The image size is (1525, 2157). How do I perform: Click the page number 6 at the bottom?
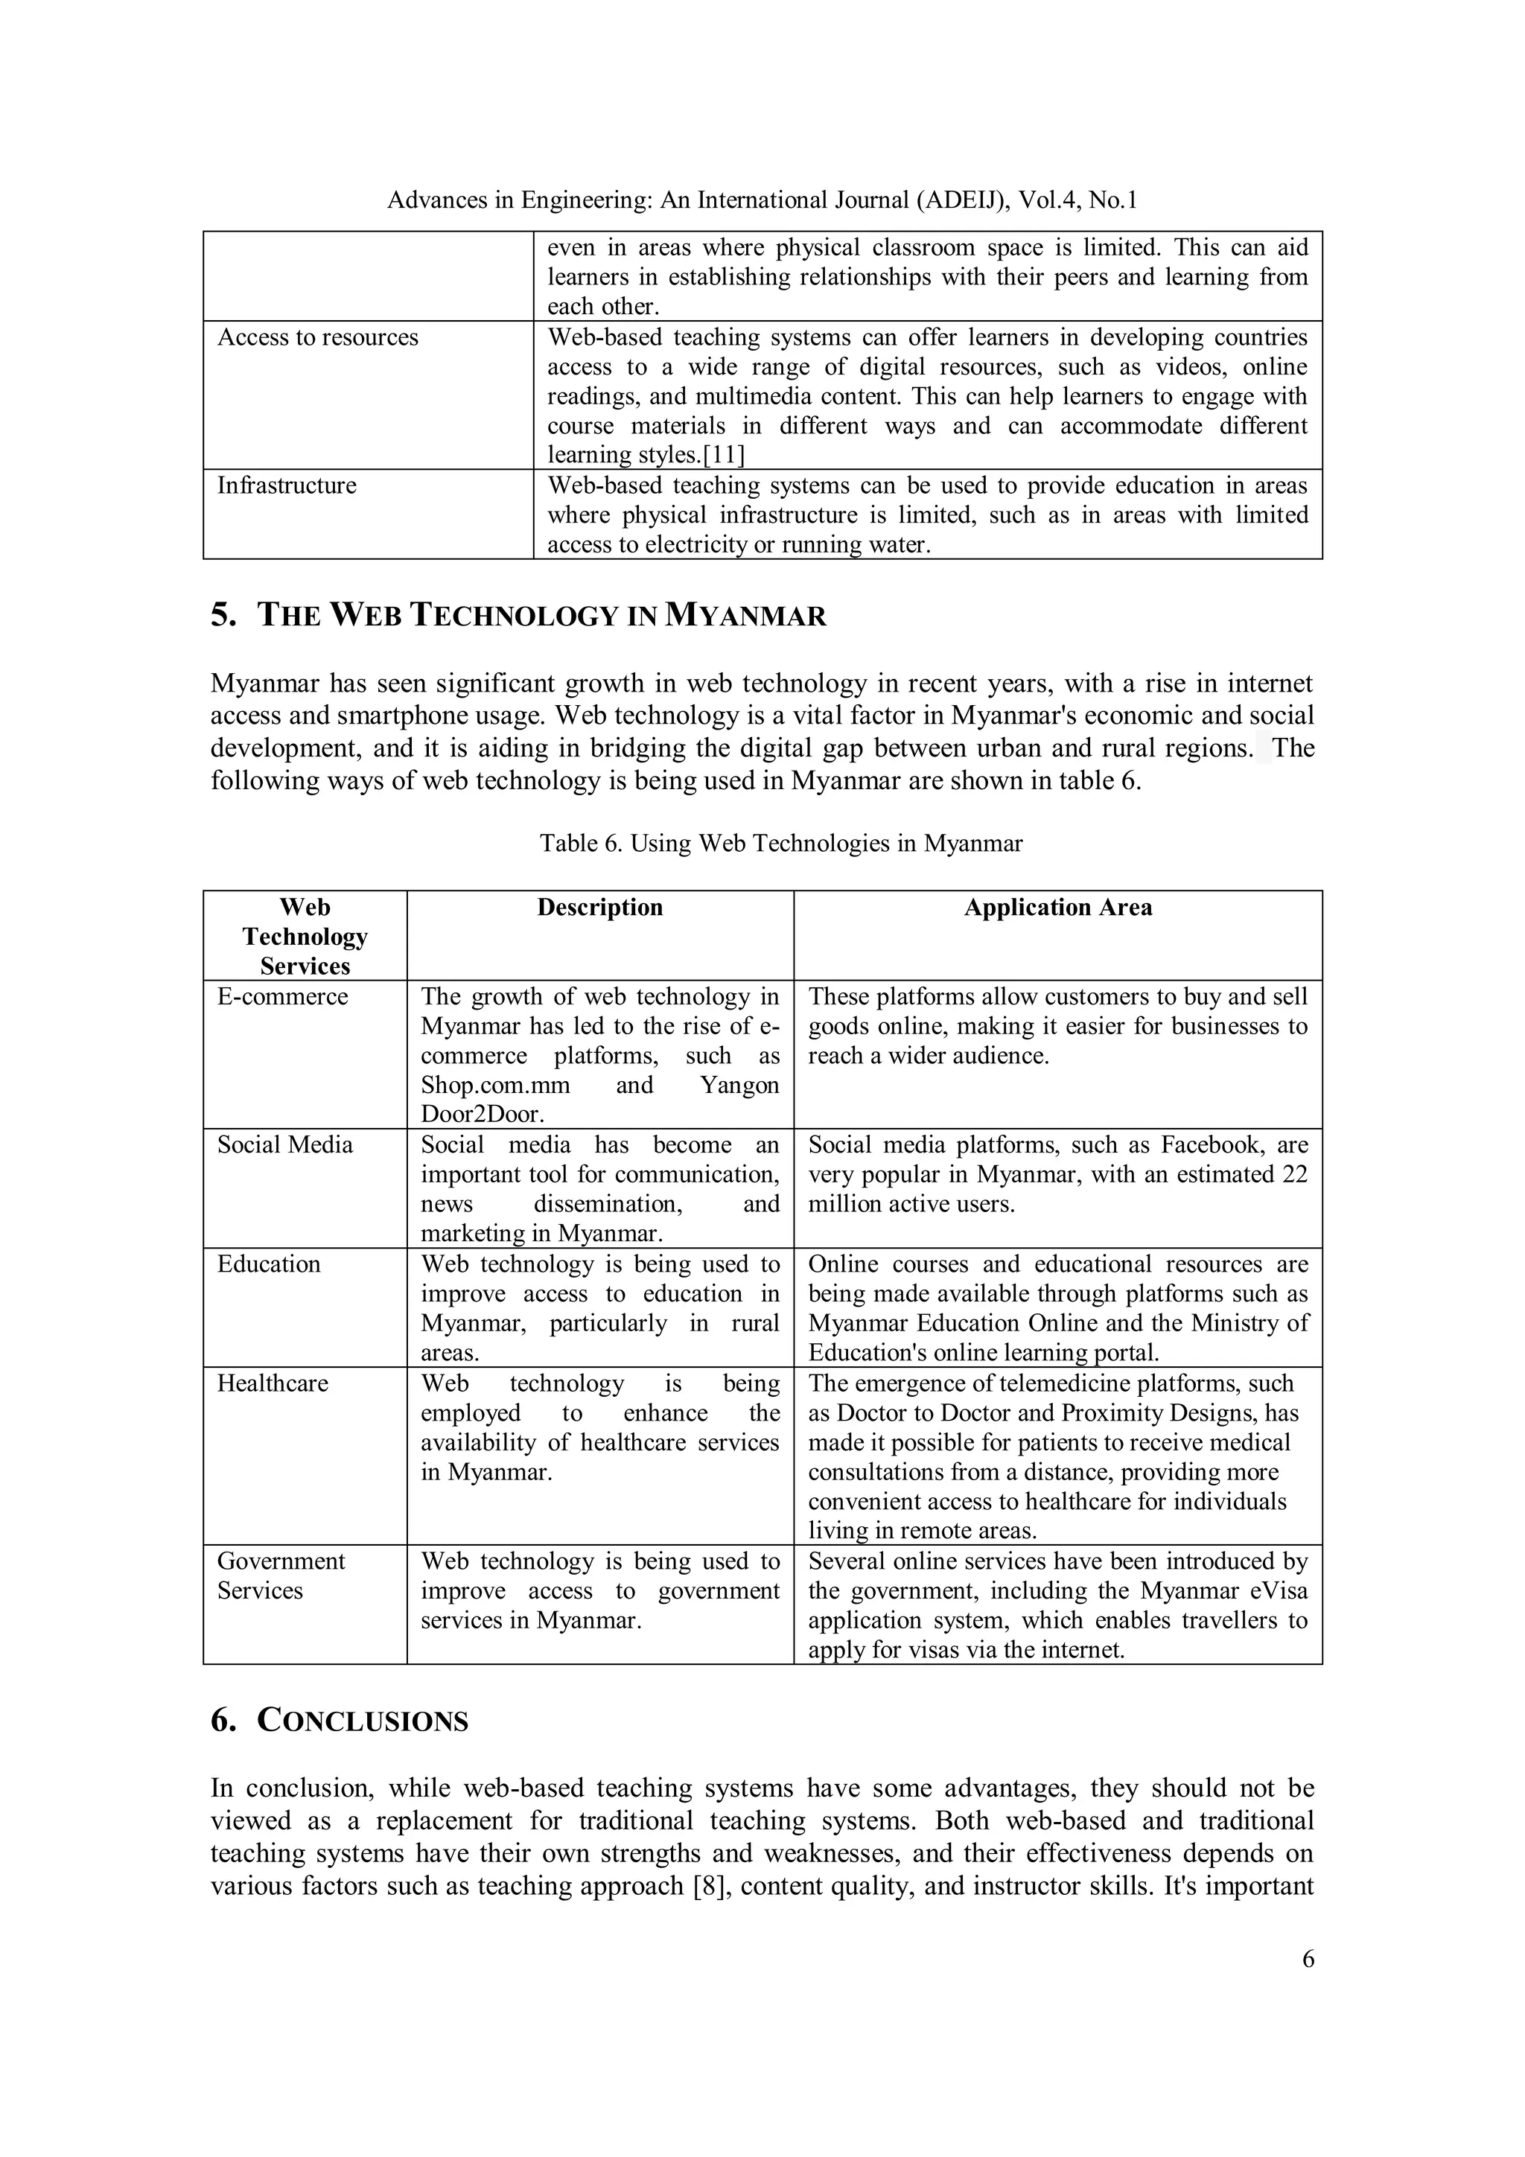point(1308,1959)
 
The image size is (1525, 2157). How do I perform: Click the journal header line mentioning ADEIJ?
point(762,200)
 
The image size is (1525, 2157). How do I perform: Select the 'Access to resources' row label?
point(318,337)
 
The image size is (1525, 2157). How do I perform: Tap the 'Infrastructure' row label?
point(287,485)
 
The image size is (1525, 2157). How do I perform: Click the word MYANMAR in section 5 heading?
point(745,616)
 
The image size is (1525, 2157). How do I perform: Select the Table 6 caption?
point(781,844)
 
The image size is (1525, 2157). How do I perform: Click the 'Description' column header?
point(599,908)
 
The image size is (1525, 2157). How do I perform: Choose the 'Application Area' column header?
point(1057,908)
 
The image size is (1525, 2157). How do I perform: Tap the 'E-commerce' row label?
point(282,997)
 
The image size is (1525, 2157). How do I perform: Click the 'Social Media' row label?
point(284,1145)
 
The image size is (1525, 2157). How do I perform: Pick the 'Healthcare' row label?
point(273,1384)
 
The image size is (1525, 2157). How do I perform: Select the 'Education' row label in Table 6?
point(269,1264)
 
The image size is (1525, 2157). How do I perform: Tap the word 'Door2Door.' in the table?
point(482,1115)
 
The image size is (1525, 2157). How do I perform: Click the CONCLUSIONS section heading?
point(362,1722)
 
